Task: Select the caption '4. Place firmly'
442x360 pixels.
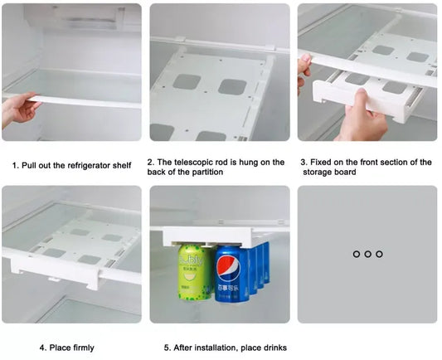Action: [x=66, y=348]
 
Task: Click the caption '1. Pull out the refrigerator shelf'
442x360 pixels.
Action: [x=71, y=165]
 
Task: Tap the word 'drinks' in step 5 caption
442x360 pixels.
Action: [x=273, y=348]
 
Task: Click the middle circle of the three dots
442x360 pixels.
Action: [x=367, y=254]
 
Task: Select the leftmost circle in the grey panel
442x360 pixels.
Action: [x=356, y=254]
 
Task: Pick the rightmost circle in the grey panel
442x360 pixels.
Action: [x=379, y=254]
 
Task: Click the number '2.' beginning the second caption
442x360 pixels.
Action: [x=151, y=163]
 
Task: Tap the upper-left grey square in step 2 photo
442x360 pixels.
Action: [x=186, y=81]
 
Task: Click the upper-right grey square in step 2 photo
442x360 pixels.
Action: [x=232, y=87]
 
